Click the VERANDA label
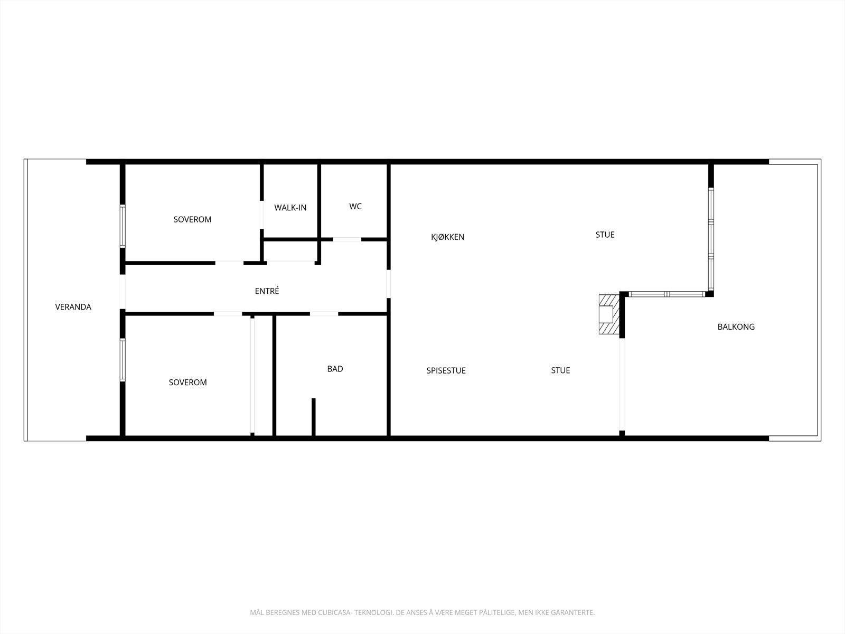(73, 307)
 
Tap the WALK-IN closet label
(290, 208)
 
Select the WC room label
(355, 206)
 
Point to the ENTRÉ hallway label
(267, 291)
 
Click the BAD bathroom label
(335, 369)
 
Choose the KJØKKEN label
(447, 237)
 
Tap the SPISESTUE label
(446, 371)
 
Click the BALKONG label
(736, 327)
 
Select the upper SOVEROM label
(192, 219)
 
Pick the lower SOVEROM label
(187, 383)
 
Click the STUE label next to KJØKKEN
(605, 235)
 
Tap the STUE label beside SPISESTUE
(560, 370)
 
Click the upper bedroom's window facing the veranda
(123, 226)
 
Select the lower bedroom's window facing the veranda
(123, 360)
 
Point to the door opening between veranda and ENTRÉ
(123, 292)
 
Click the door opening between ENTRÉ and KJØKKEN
(389, 284)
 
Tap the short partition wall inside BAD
(313, 417)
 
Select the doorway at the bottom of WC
(346, 239)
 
